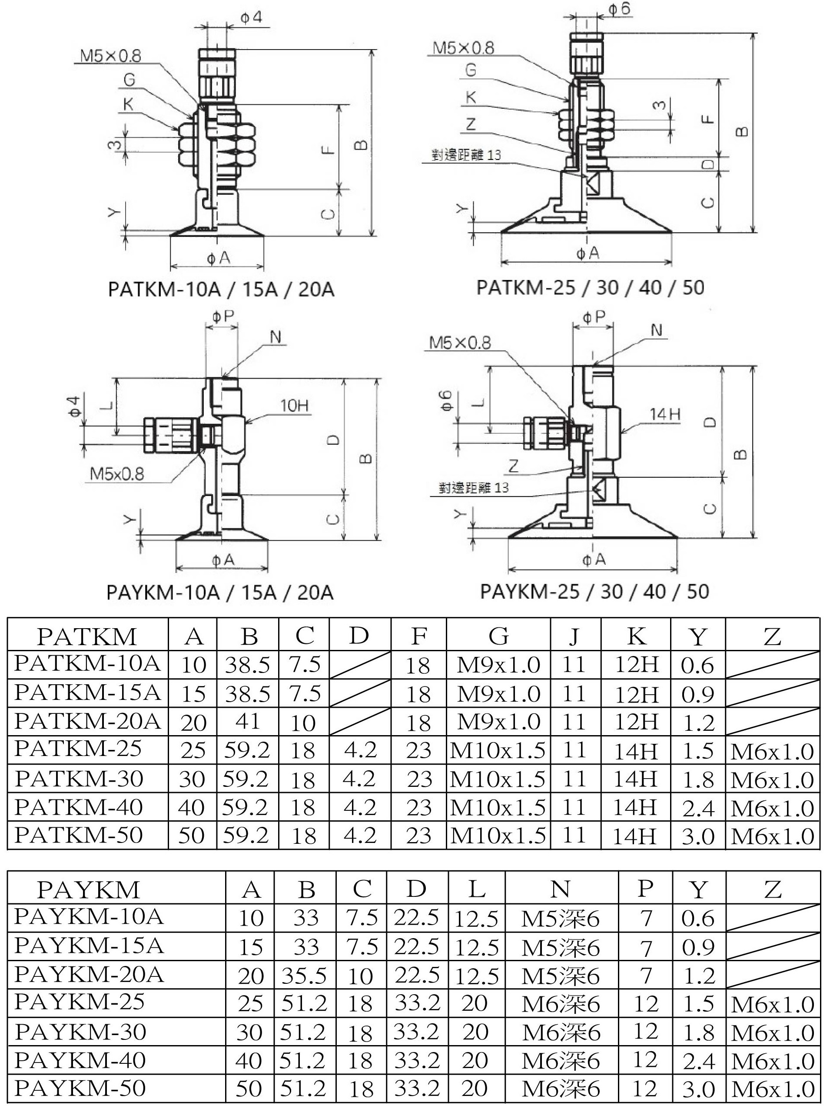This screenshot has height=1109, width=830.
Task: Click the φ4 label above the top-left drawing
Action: (251, 18)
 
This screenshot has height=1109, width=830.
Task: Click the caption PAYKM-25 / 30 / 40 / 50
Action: (594, 592)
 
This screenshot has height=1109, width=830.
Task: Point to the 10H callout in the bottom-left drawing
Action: (294, 405)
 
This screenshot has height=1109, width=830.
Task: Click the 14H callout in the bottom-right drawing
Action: (664, 414)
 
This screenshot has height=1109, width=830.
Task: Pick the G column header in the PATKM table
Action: (498, 636)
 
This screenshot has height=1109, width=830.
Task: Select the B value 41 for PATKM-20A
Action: (248, 722)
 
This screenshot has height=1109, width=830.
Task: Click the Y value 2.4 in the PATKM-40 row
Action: (698, 809)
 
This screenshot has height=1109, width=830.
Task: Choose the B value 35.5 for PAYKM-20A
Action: (304, 976)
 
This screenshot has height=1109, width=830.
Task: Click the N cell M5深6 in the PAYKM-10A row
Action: (560, 919)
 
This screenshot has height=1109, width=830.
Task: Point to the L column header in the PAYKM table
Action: (477, 889)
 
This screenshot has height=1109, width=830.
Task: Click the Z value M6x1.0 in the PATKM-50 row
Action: (772, 836)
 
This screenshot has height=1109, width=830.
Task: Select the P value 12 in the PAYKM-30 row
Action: (646, 1031)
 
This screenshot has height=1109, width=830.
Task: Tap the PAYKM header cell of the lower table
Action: (88, 890)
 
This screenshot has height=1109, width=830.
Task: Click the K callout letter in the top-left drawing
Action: (128, 104)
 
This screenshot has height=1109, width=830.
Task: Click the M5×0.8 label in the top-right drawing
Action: (464, 48)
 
